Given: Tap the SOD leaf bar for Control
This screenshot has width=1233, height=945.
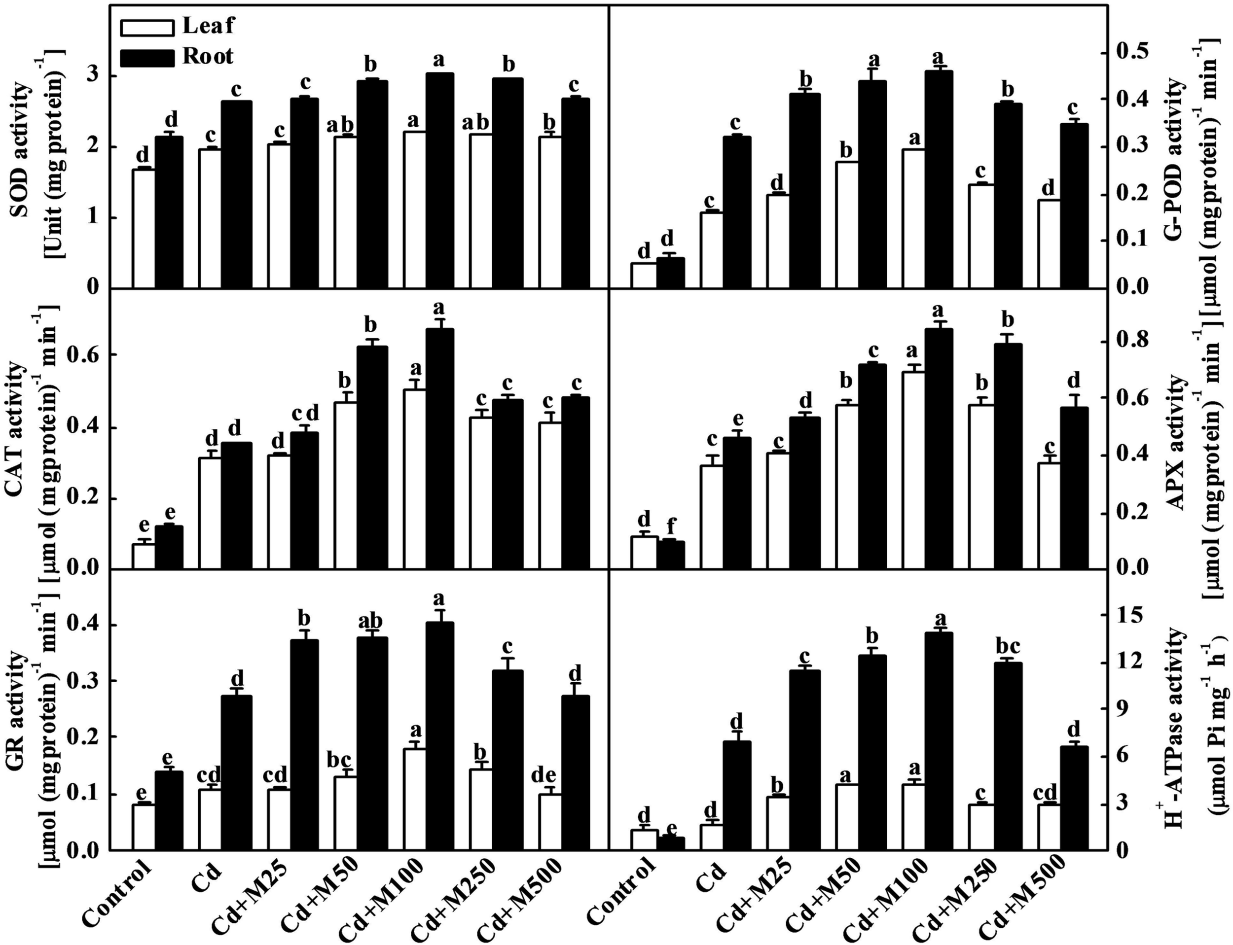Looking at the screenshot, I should coord(144,228).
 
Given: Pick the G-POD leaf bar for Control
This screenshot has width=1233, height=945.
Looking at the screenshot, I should coord(643,275).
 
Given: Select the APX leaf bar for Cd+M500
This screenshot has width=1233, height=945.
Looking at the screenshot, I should coord(1049,515).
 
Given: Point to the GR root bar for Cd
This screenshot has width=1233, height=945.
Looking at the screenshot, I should coord(236,772).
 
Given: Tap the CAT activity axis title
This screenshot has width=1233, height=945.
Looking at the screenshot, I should coord(18,430).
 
